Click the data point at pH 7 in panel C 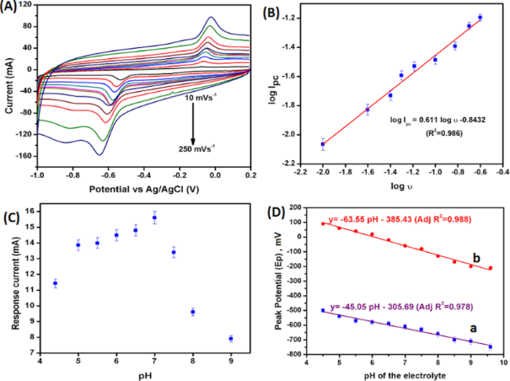(154, 218)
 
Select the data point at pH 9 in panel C (231, 339)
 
